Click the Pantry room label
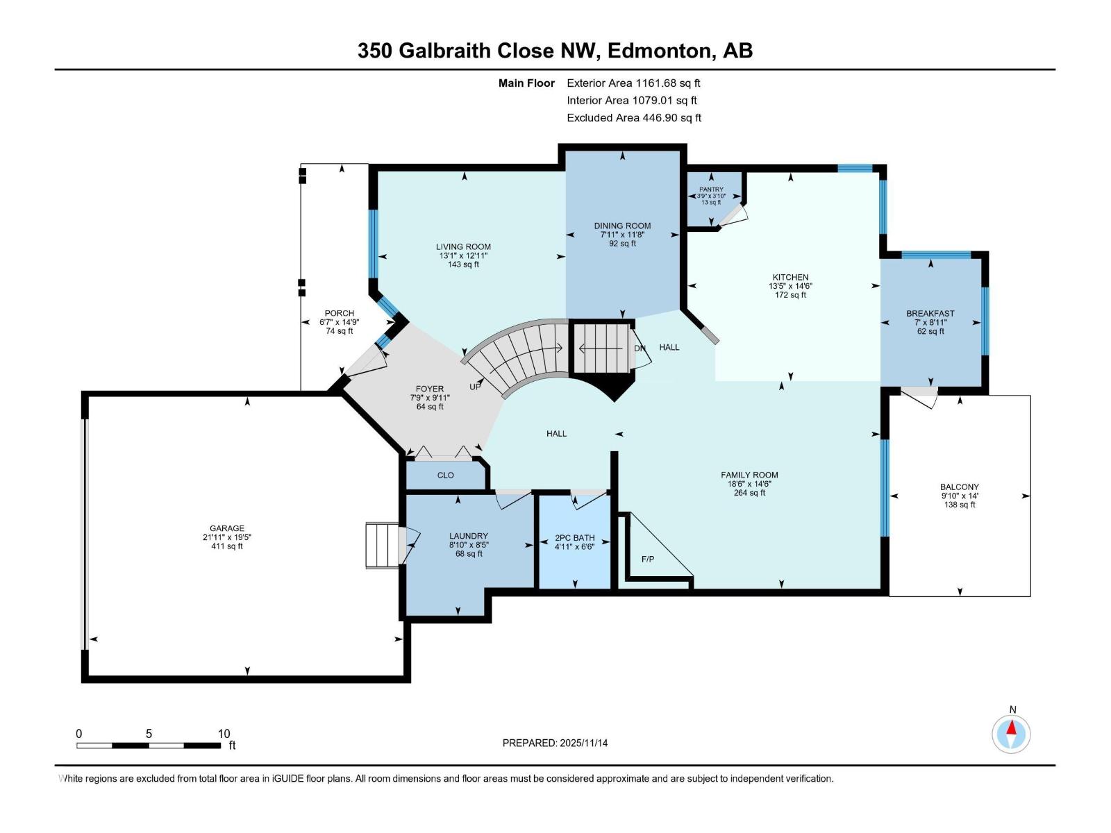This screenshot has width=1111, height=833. (711, 190)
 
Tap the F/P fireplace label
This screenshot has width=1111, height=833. (647, 559)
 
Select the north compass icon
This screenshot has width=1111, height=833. (1012, 734)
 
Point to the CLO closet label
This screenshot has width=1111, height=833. (445, 476)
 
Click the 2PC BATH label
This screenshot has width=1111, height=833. (574, 538)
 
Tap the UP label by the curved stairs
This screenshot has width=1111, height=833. (475, 387)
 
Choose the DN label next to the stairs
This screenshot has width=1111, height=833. (640, 348)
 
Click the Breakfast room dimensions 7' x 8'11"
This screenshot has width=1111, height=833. (930, 323)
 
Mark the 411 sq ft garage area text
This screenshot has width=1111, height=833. (227, 546)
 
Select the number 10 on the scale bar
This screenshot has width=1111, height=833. (224, 734)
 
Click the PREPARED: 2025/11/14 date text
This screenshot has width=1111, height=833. (555, 743)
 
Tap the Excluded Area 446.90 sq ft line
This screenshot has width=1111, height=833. (633, 118)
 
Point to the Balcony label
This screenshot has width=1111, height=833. (959, 487)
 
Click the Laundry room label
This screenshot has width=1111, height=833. (468, 536)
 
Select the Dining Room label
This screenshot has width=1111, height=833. (622, 226)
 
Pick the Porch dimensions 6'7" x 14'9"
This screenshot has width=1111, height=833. (339, 322)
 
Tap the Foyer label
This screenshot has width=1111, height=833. (429, 389)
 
